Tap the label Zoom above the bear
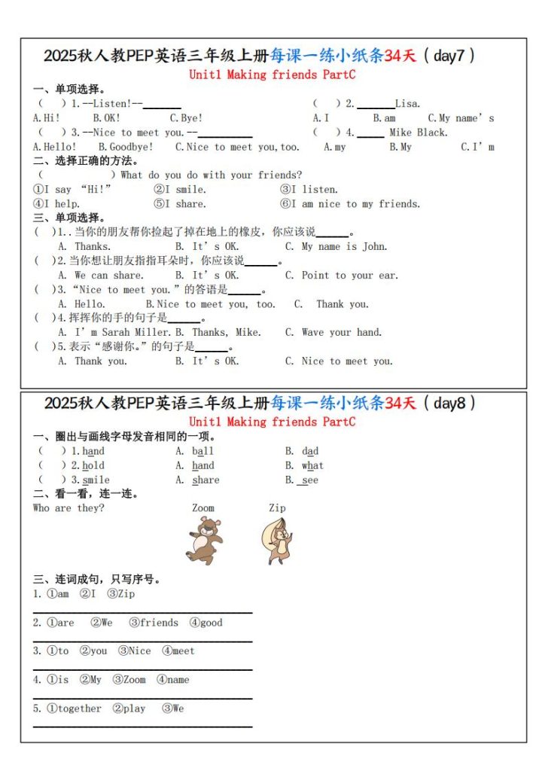click(x=203, y=508)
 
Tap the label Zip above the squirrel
click(x=277, y=508)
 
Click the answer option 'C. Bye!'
click(x=186, y=118)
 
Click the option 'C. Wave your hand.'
click(x=333, y=333)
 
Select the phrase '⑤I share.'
click(x=180, y=204)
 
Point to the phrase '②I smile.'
click(x=180, y=190)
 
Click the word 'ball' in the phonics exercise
click(x=202, y=452)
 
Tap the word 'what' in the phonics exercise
click(x=312, y=466)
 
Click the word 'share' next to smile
click(x=206, y=480)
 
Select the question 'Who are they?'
click(x=69, y=508)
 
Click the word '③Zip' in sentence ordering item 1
click(x=121, y=594)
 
